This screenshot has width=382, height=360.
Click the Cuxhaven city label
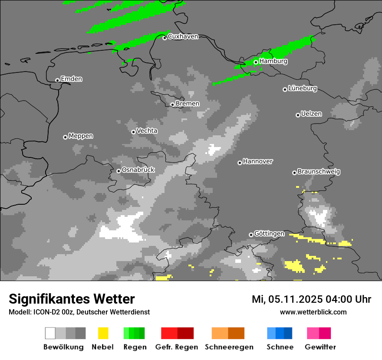pyautogui.click(x=183, y=36)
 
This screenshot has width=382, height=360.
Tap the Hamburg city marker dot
pyautogui.click(x=256, y=62)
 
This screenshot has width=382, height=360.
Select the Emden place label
pyautogui.click(x=71, y=79)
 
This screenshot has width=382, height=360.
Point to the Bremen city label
pyautogui.click(x=188, y=104)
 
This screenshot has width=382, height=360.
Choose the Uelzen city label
pyautogui.click(x=311, y=114)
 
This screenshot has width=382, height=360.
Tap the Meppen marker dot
pyautogui.click(x=65, y=137)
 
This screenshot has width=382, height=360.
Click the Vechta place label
pyautogui.click(x=147, y=131)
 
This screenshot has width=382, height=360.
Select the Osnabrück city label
pyautogui.click(x=138, y=170)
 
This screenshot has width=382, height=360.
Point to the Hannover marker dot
pyautogui.click(x=240, y=163)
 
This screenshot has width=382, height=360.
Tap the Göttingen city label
pyautogui.click(x=269, y=234)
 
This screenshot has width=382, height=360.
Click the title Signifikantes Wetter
pyautogui.click(x=72, y=299)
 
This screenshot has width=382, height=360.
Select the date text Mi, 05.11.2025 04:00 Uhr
pyautogui.click(x=311, y=299)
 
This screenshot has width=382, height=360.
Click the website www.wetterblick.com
pyautogui.click(x=313, y=312)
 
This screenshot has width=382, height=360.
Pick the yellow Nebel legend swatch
pyautogui.click(x=103, y=333)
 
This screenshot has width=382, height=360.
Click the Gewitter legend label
pyautogui.click(x=320, y=347)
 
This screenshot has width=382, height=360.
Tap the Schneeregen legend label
pyautogui.click(x=229, y=347)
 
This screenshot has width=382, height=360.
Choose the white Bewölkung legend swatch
pyautogui.click(x=50, y=333)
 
